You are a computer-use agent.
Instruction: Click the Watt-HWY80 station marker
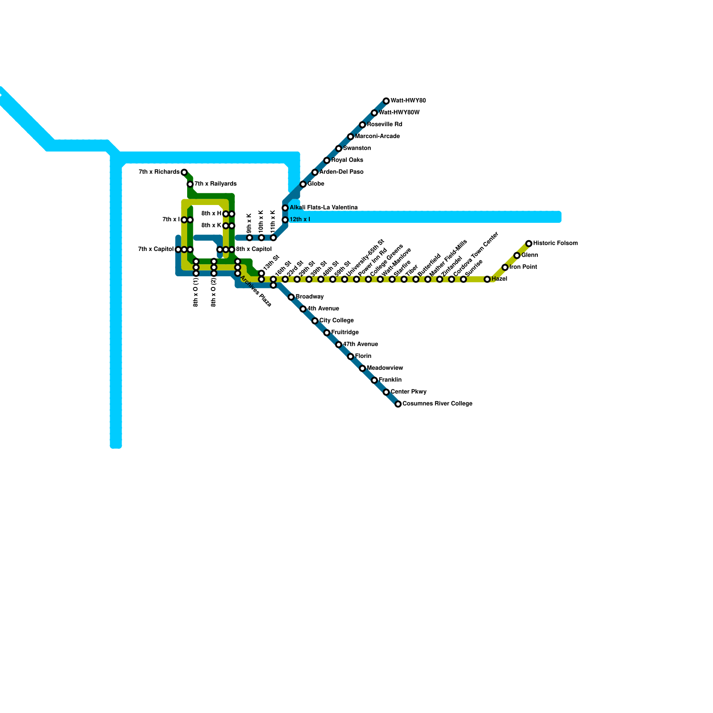386,101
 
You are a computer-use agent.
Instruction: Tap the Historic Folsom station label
555,243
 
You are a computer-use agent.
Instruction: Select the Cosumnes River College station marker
398,404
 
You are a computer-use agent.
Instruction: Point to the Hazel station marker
488,279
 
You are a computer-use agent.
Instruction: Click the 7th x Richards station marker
184,172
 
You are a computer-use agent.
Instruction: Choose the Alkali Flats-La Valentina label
324,208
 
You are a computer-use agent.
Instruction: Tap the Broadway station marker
291,297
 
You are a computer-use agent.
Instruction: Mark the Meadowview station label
385,368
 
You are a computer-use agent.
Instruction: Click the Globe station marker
303,184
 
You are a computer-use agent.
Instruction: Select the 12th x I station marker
285,220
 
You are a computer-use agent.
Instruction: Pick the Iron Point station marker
505,267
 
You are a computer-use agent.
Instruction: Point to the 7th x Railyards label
216,184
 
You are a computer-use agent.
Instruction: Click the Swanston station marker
339,148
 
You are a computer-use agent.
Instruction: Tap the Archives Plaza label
256,291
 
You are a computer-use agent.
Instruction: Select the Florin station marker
351,356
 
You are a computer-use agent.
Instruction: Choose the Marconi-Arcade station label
377,136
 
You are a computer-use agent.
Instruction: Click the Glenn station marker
517,255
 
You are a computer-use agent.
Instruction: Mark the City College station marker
315,321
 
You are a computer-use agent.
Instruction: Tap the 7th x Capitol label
156,250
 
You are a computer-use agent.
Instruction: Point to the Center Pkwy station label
409,392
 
